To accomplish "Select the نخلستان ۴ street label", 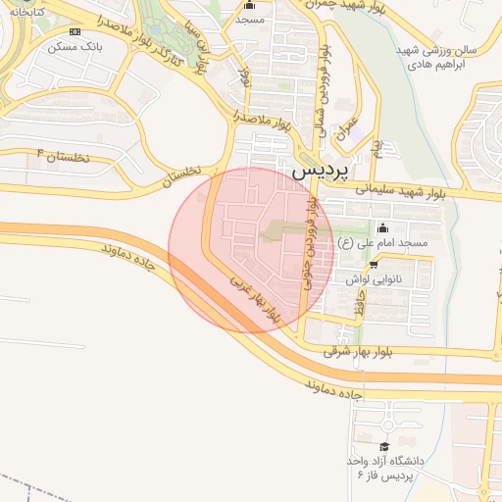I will (63, 154).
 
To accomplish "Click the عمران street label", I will (346, 128).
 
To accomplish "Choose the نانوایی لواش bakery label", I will (373, 278).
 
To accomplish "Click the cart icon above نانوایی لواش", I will (373, 265).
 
